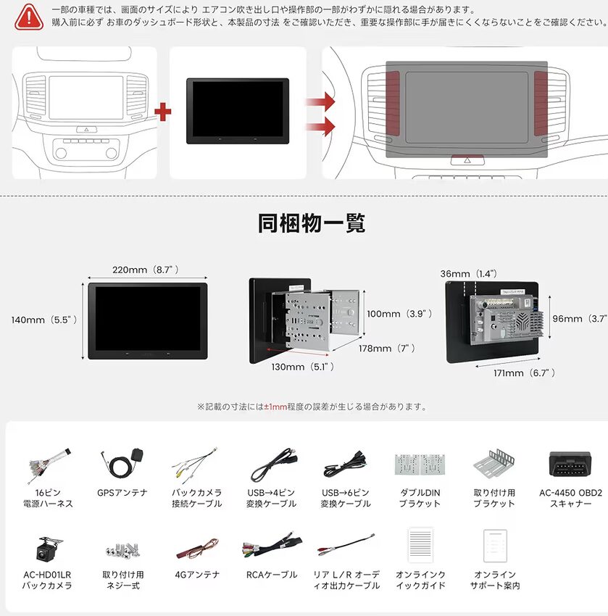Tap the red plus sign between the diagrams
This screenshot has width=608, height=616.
coord(164,112)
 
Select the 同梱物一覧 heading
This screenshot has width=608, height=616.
coord(312,222)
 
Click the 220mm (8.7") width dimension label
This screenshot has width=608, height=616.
coord(146,270)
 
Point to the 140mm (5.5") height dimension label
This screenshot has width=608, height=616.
coord(44,319)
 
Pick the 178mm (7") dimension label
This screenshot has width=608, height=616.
coord(386,349)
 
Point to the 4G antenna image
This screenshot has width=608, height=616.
coord(197,548)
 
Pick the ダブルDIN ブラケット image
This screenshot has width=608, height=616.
coord(420,465)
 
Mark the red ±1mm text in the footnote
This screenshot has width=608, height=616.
coord(276,407)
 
